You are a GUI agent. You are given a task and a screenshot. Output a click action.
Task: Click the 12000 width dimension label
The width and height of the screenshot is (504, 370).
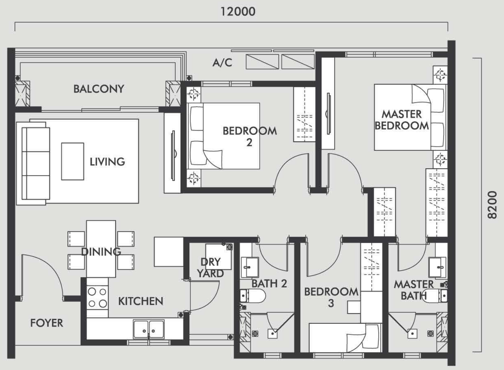click(238, 12)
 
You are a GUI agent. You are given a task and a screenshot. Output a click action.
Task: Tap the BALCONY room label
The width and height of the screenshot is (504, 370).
click(99, 89)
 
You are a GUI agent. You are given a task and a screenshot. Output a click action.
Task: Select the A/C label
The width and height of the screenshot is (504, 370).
click(222, 63)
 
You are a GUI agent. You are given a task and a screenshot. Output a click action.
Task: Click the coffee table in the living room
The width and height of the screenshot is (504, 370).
click(73, 161)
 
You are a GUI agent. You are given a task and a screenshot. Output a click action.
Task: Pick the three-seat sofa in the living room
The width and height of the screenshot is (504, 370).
click(36, 163)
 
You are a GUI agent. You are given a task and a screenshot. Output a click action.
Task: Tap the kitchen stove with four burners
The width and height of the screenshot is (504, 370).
click(97, 298)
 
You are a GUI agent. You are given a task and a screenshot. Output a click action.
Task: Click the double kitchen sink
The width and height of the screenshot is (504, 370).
click(149, 329)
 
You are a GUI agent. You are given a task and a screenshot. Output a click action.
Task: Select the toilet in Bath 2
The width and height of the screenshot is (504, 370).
click(253, 296)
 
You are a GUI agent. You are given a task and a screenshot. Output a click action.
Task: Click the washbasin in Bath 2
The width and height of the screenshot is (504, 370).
click(249, 267)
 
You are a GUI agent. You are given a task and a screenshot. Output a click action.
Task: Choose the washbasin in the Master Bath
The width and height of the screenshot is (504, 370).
click(437, 267)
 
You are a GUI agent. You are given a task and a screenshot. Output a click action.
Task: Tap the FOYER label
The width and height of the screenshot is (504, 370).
click(47, 323)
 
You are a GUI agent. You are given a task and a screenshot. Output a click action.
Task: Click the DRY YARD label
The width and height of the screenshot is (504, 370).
click(210, 268)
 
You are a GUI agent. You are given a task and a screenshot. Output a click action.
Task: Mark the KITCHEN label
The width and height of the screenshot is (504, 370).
click(141, 301)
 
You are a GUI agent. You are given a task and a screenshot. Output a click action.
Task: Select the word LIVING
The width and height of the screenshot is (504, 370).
click(107, 162)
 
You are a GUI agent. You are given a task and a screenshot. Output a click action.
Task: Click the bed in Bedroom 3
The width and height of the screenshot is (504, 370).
click(346, 338)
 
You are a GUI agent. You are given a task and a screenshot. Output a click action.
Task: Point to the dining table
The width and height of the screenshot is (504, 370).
click(101, 249)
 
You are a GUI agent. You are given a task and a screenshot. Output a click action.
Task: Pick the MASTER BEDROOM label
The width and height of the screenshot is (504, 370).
click(402, 120)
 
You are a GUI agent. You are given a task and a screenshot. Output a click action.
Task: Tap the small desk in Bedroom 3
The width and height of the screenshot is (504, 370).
click(354, 307)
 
